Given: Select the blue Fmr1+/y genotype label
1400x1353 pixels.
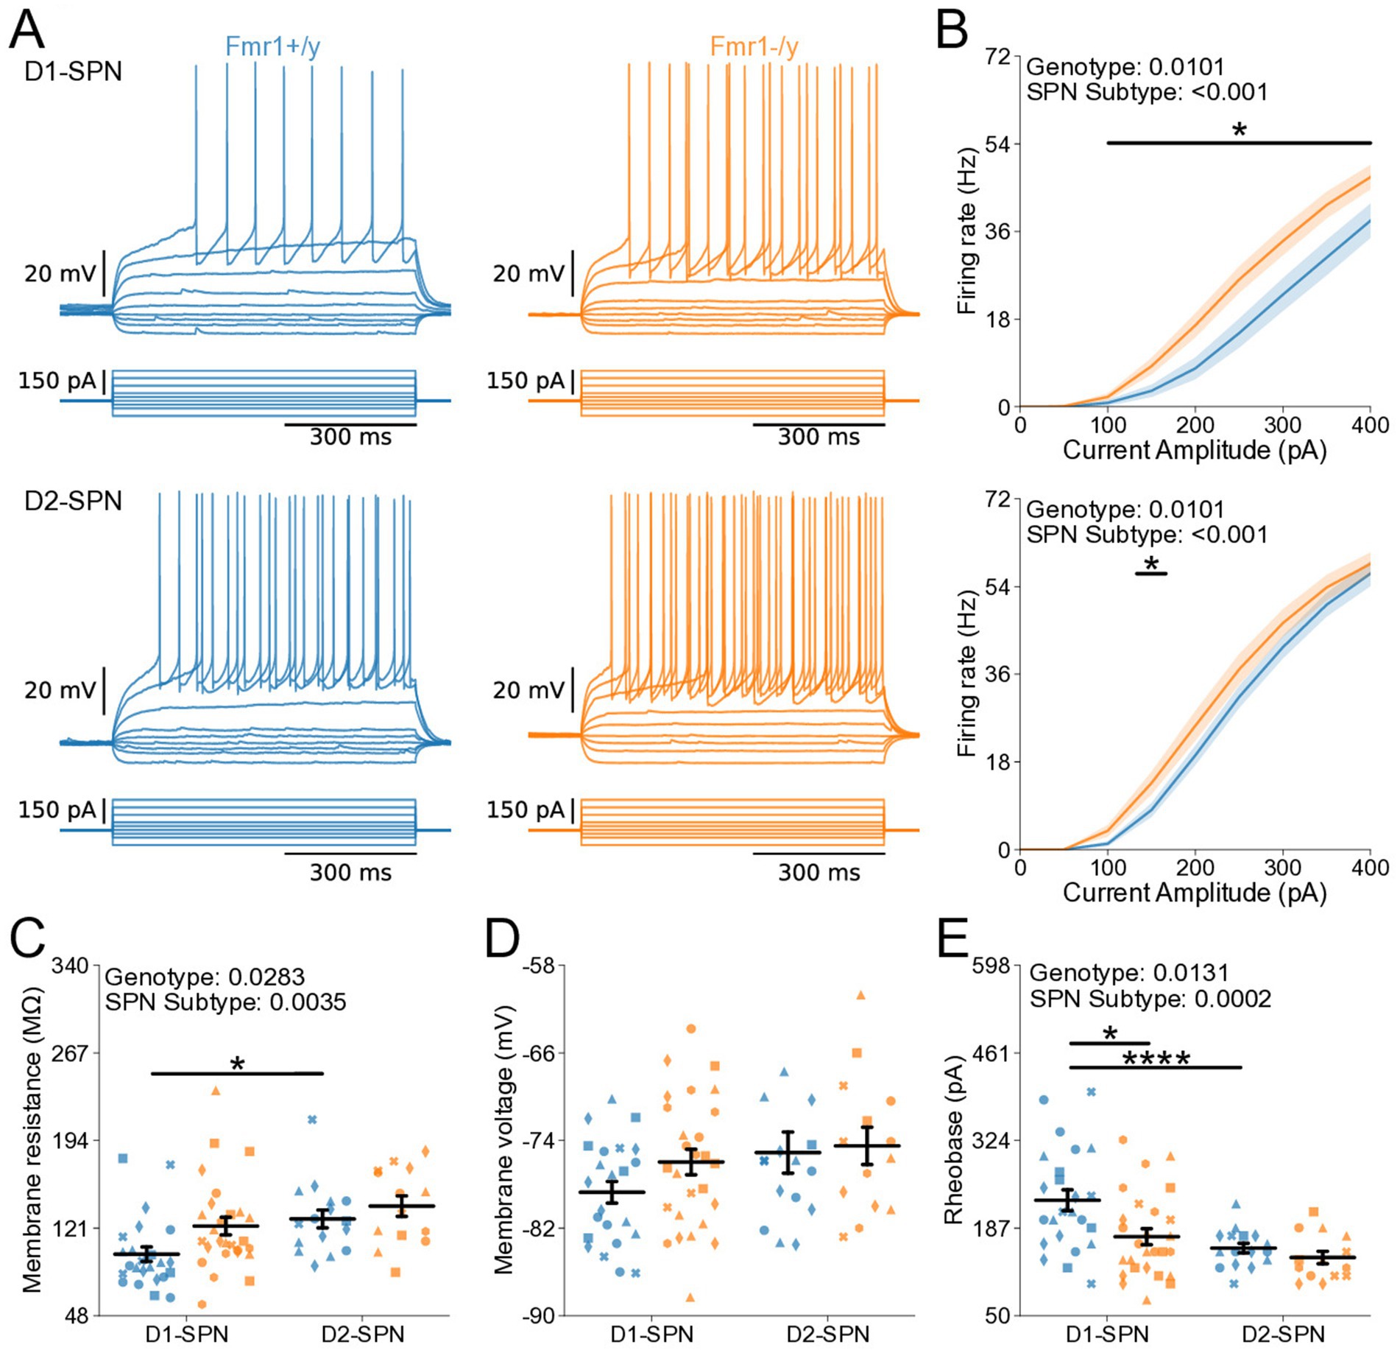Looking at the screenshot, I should click(272, 47).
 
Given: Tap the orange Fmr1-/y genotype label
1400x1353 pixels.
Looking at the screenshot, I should click(754, 47).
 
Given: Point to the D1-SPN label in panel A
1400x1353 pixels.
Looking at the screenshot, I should click(73, 71).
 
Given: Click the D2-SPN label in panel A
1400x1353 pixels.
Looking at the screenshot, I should click(73, 501).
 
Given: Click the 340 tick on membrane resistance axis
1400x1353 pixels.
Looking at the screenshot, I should click(70, 966).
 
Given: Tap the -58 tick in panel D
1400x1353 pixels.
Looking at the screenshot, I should click(539, 966).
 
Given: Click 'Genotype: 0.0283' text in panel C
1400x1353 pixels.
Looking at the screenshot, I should click(205, 977).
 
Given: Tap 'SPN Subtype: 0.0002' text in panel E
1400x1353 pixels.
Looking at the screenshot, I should click(1150, 999).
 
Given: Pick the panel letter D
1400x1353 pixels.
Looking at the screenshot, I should click(503, 940).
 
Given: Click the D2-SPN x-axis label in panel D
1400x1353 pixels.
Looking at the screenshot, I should click(828, 1335).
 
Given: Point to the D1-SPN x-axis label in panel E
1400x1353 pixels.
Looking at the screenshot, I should click(1107, 1335).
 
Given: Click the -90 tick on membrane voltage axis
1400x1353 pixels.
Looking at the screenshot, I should click(539, 1315).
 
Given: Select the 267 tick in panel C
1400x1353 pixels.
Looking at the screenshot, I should click(70, 1053).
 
